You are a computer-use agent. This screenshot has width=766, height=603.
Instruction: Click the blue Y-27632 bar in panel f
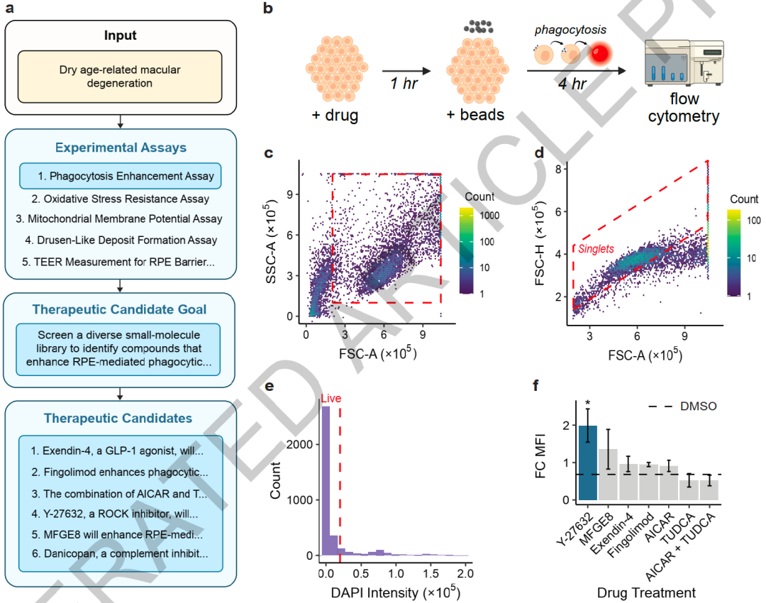[588, 463]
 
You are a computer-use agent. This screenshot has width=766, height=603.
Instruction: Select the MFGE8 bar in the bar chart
[609, 475]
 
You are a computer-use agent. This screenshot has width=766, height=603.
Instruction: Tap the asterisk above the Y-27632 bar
[588, 404]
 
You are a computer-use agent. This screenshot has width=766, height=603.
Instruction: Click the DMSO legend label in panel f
[698, 406]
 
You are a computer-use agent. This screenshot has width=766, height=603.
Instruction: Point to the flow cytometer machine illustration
[684, 63]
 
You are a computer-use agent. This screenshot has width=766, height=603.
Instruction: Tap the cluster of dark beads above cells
[478, 26]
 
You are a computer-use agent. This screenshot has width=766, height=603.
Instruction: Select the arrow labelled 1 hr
[406, 72]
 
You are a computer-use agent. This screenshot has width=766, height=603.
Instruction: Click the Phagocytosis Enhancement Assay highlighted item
[120, 176]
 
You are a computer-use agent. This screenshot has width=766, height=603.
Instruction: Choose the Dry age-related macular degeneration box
[120, 77]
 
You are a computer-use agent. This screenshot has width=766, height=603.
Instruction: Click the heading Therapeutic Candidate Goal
[119, 309]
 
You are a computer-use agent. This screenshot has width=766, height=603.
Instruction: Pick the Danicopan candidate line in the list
[120, 553]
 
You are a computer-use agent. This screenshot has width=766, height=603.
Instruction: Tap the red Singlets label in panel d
[596, 249]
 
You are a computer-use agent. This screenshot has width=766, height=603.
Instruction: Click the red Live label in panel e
[331, 398]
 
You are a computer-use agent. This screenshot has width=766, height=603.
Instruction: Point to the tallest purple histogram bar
[326, 481]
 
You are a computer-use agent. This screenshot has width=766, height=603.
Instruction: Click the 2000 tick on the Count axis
[299, 444]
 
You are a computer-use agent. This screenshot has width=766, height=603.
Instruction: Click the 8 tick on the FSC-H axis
[558, 169]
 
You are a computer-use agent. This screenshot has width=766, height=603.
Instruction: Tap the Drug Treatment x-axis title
[646, 593]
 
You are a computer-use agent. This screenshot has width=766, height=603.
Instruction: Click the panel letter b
[267, 9]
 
